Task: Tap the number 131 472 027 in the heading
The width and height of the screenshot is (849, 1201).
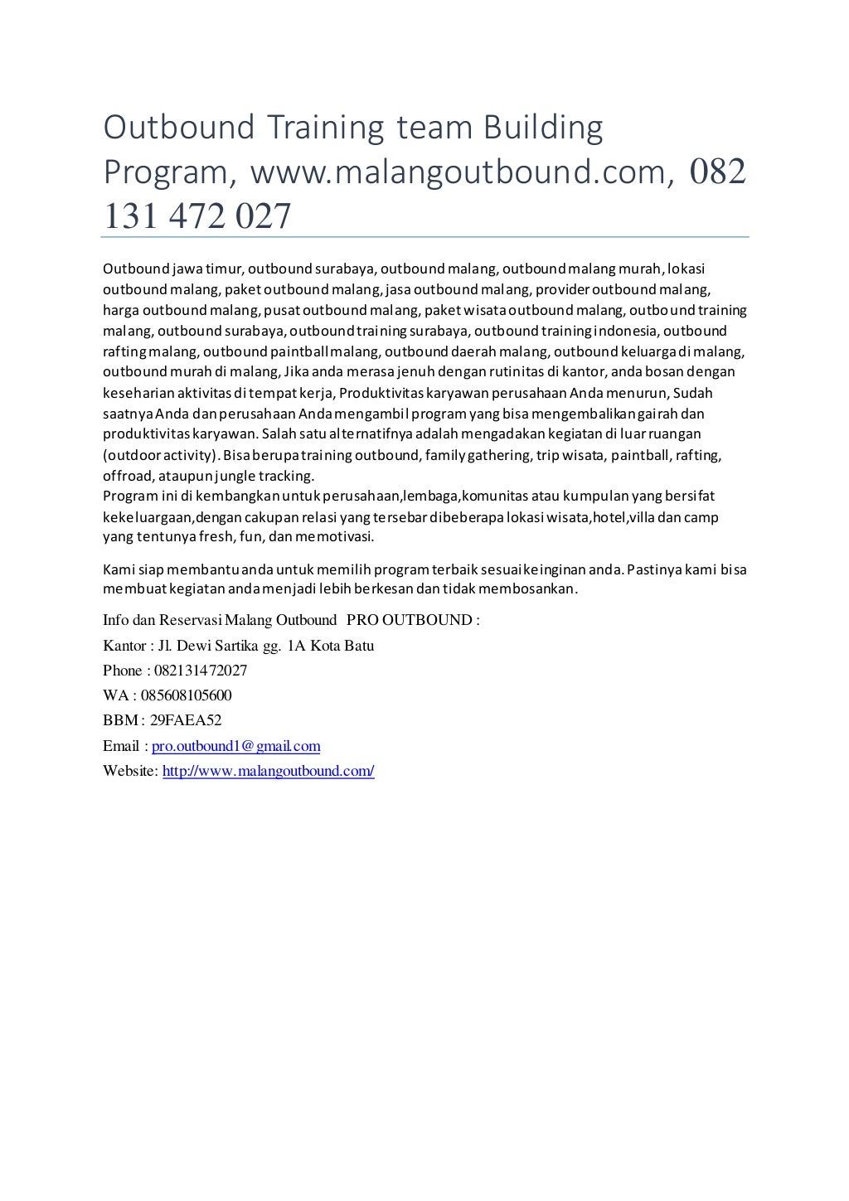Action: tap(197, 216)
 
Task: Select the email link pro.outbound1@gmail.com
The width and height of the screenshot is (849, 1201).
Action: tap(236, 746)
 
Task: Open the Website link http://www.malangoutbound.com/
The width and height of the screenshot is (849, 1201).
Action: tap(269, 771)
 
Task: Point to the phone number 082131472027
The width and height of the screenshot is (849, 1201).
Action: tap(201, 671)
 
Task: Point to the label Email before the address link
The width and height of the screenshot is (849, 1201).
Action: tap(121, 746)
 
